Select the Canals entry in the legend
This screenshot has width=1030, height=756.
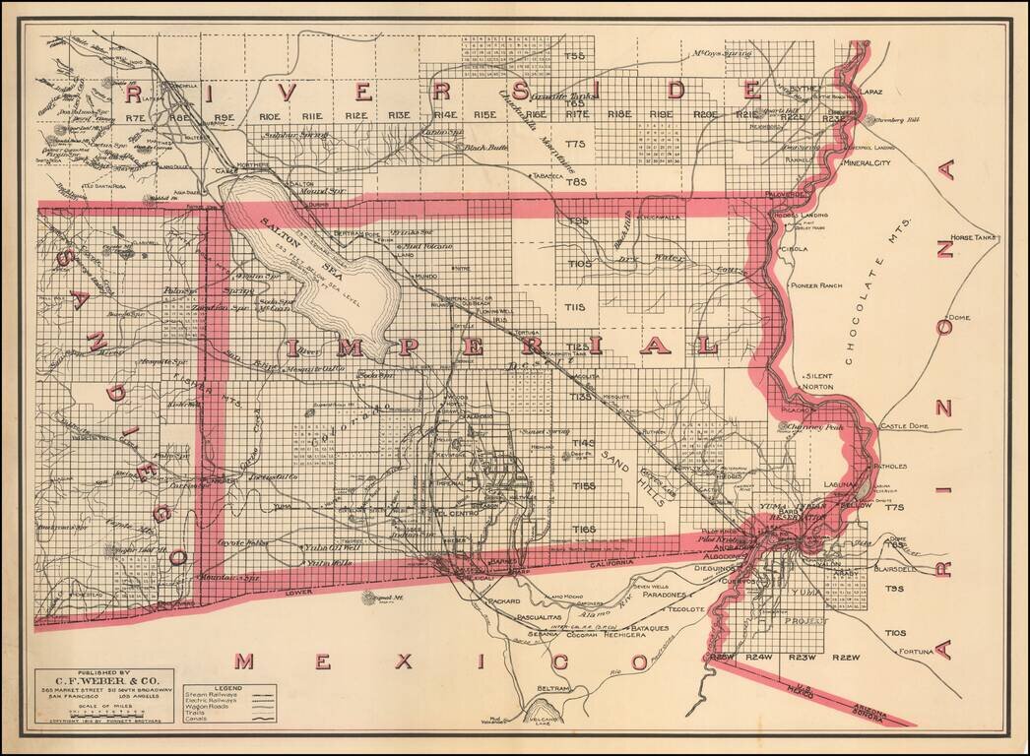point(197,720)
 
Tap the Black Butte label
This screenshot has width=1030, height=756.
point(486,147)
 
